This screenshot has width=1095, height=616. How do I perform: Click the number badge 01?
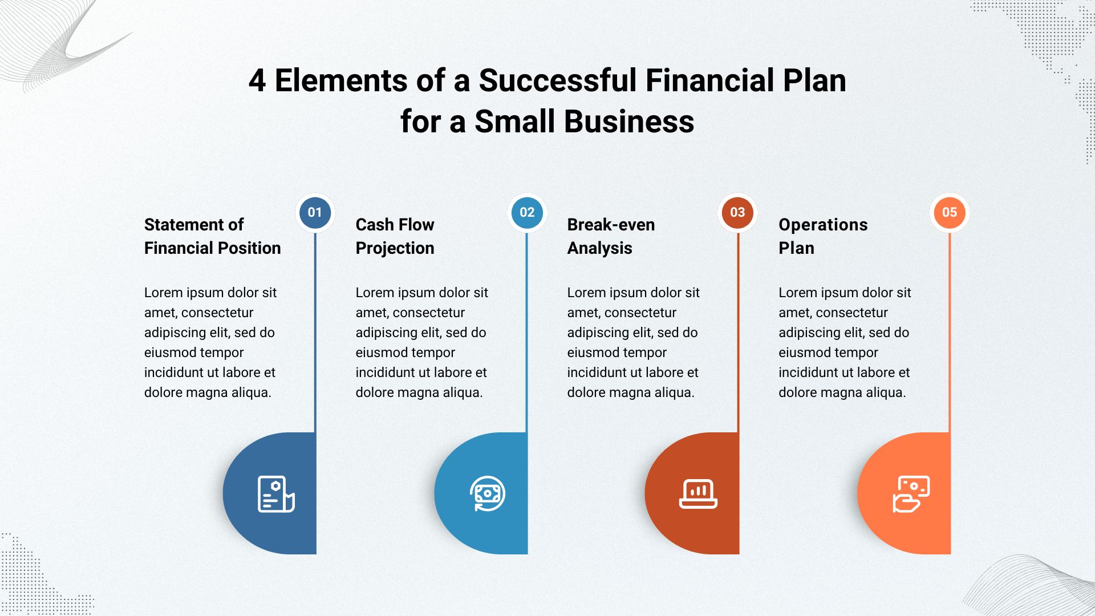(x=315, y=213)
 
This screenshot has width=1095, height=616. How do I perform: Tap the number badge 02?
(x=527, y=213)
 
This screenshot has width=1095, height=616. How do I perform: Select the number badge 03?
(x=737, y=213)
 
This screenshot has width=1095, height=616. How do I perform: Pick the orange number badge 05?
(x=950, y=213)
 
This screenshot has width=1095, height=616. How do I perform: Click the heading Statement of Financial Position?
(x=212, y=236)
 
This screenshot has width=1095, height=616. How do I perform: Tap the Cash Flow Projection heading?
(x=395, y=236)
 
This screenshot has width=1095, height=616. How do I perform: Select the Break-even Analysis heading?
(x=611, y=236)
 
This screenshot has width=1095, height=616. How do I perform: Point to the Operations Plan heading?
(x=823, y=236)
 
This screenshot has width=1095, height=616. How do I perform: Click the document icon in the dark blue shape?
(x=276, y=494)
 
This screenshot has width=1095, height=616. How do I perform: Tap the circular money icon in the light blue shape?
(x=488, y=494)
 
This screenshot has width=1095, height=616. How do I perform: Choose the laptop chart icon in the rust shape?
(x=698, y=493)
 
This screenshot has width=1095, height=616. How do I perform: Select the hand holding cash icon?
(x=911, y=494)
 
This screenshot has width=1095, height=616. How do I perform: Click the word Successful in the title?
(x=557, y=80)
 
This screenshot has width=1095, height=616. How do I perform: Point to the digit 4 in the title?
(x=257, y=81)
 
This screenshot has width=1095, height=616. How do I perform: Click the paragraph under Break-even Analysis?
(x=633, y=342)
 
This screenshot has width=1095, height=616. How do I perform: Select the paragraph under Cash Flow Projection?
(x=421, y=342)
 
